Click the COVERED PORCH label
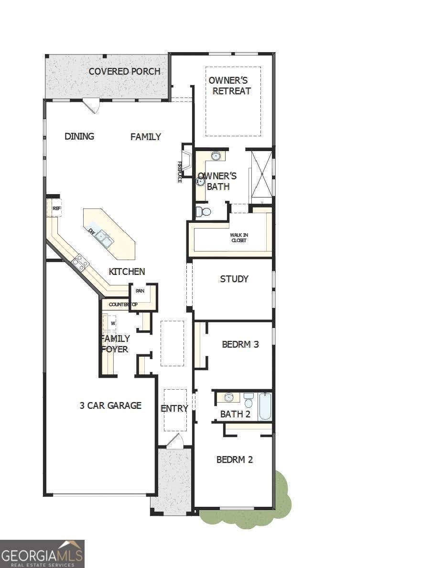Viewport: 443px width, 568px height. (x=124, y=72)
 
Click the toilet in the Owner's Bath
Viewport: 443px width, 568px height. (x=204, y=212)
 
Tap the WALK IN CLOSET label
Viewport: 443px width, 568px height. (x=238, y=238)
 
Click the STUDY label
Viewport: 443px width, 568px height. (x=234, y=279)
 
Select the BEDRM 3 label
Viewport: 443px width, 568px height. (x=240, y=344)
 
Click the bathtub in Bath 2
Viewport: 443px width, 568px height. (x=265, y=406)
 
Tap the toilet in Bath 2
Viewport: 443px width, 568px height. (x=248, y=400)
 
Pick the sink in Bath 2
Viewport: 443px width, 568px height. (x=228, y=397)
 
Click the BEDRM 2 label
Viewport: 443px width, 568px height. (x=234, y=459)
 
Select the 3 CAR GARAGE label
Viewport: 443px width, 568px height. (x=110, y=405)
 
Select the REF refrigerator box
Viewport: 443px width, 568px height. (x=56, y=208)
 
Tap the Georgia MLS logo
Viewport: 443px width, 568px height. (x=42, y=554)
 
